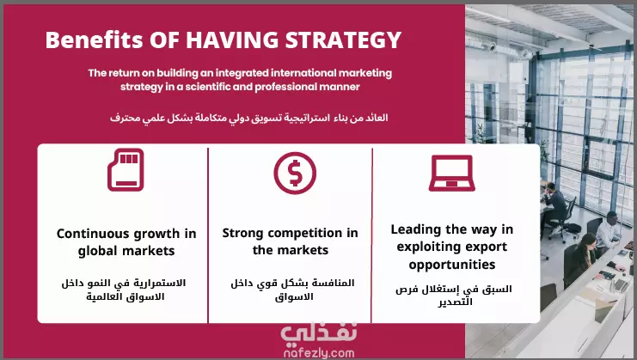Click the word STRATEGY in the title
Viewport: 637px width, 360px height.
click(x=343, y=40)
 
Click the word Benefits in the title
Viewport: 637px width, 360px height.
click(x=95, y=40)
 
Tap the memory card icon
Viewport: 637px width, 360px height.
click(x=126, y=169)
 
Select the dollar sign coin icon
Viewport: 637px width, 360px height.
click(x=295, y=174)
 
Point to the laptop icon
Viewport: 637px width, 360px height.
click(x=452, y=173)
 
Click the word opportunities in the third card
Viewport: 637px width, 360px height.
click(x=452, y=265)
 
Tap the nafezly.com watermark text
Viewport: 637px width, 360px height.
click(x=319, y=353)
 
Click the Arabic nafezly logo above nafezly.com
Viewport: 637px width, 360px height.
click(x=319, y=333)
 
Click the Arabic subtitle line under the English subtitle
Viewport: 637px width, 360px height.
click(x=249, y=118)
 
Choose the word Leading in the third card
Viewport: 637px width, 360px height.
click(x=415, y=230)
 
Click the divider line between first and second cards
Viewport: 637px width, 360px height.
click(x=208, y=235)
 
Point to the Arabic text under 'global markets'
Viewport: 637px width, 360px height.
click(x=124, y=290)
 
